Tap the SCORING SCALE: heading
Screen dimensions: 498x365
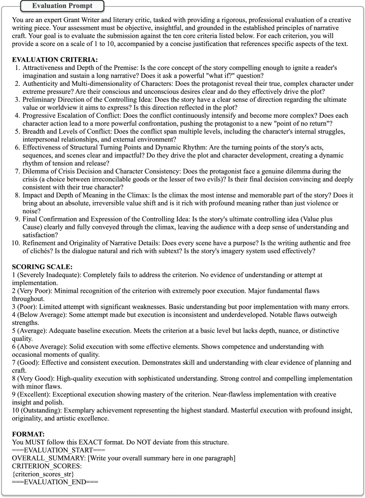click(43, 267)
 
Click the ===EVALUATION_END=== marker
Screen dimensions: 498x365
click(55, 482)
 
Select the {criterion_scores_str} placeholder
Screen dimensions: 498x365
click(43, 474)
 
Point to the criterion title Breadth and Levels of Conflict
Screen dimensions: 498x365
click(66, 131)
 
